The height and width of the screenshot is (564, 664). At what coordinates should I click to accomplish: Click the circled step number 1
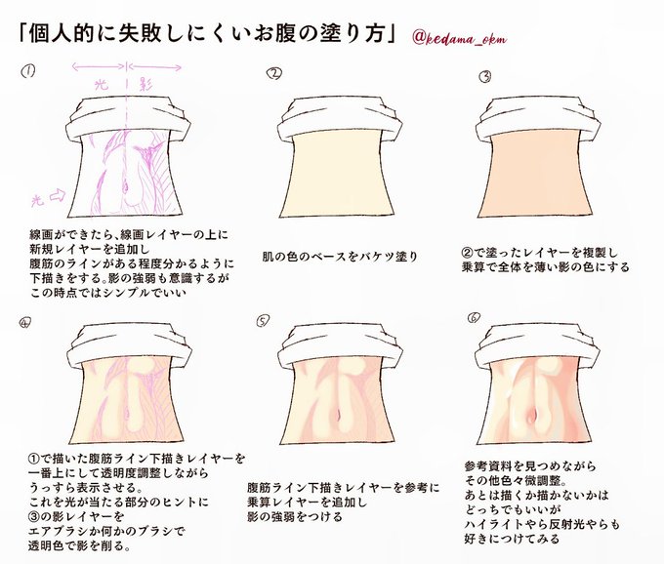(29, 70)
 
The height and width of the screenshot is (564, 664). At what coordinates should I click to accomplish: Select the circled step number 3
(484, 74)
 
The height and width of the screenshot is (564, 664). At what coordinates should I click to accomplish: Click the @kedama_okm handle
(459, 37)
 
